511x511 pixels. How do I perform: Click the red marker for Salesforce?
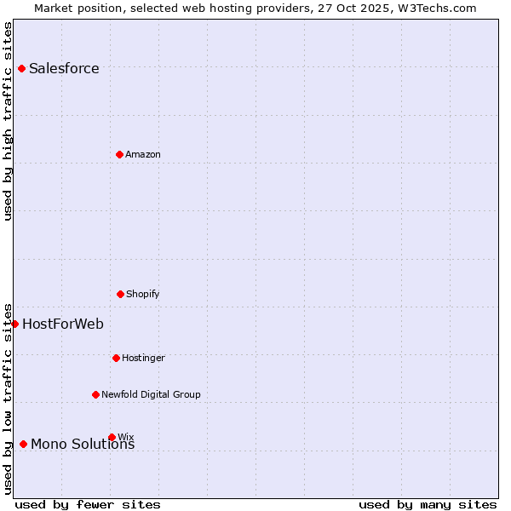point(21,68)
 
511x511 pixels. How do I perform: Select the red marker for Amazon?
point(119,154)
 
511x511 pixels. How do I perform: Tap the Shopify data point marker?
point(120,294)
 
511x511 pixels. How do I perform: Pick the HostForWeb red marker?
point(14,324)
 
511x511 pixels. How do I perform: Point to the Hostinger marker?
point(116,358)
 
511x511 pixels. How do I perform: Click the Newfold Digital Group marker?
point(95,394)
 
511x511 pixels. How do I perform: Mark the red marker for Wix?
point(112,437)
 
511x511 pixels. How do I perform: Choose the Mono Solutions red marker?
point(23,444)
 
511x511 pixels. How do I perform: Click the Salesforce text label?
point(64,69)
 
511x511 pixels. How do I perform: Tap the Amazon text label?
point(143,154)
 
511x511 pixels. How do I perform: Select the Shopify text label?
point(143,294)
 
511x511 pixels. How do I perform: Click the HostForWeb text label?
point(63,324)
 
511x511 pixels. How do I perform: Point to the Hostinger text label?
point(143,358)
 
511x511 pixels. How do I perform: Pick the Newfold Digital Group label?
point(151,394)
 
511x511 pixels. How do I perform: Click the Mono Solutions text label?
point(83,445)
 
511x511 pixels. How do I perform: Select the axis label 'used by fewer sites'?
point(88,504)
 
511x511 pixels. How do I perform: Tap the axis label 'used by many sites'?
point(428,504)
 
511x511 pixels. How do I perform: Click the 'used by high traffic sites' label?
point(8,121)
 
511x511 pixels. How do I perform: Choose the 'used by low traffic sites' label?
point(8,398)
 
